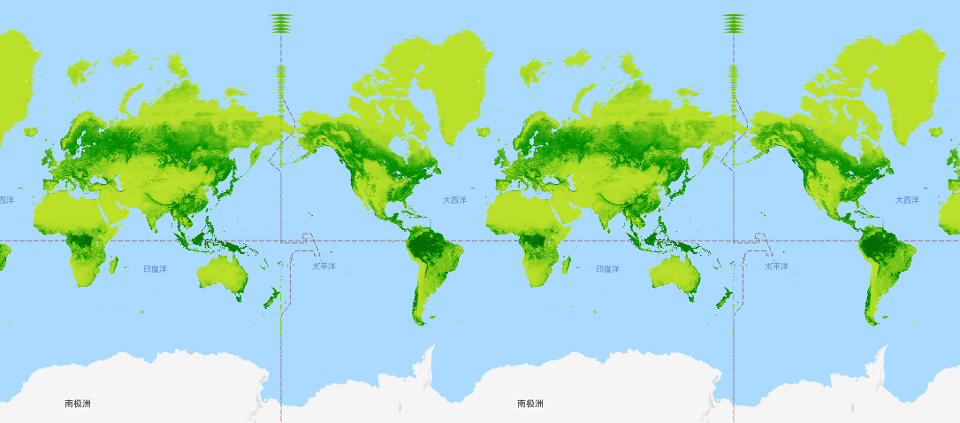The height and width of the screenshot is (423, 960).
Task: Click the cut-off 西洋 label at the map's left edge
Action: (6, 200)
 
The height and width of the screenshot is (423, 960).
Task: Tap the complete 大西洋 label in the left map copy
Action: (454, 200)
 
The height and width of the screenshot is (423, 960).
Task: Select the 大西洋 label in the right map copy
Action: (907, 200)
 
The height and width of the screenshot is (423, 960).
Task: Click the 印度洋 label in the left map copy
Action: (155, 269)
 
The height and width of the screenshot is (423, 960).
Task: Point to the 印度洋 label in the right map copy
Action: (607, 269)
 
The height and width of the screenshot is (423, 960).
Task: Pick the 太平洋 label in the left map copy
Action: (324, 266)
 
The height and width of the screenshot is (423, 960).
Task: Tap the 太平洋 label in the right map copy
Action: (776, 266)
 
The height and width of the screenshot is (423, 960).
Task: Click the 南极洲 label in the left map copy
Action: (78, 404)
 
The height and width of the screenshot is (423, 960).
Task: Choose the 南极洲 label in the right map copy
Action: (530, 404)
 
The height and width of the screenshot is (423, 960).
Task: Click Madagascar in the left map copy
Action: (114, 263)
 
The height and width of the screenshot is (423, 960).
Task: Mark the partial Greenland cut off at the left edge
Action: (16, 80)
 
